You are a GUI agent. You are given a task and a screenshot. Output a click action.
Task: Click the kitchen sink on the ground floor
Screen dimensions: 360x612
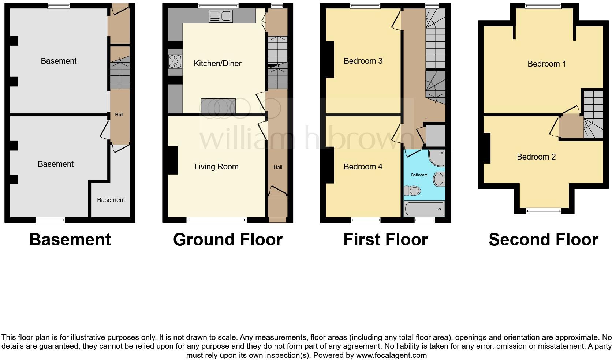point(220,16)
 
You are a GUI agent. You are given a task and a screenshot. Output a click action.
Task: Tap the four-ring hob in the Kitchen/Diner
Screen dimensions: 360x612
point(175,61)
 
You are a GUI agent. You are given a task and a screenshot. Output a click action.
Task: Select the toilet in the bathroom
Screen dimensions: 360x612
point(413,191)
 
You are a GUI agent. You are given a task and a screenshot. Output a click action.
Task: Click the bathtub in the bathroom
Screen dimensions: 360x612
point(424,209)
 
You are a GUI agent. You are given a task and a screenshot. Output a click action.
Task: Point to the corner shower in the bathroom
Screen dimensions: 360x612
point(437,158)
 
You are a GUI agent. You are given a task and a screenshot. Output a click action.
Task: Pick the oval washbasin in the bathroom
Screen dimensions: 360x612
point(439,179)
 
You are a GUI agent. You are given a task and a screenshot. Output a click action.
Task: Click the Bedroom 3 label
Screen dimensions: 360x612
point(363,61)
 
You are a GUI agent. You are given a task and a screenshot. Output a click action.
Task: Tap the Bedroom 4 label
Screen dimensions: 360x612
point(363,167)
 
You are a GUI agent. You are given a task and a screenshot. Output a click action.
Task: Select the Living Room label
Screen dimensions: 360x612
point(216,167)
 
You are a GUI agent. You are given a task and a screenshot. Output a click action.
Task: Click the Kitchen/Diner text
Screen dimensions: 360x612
point(217,64)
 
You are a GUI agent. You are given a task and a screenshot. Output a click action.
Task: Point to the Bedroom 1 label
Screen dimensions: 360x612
point(546,64)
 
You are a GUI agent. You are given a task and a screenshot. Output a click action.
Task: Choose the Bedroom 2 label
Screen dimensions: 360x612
point(536,157)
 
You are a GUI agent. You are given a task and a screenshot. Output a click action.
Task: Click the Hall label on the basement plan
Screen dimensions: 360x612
point(119,115)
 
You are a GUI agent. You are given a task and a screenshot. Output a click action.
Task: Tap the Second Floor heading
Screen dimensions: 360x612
point(543,240)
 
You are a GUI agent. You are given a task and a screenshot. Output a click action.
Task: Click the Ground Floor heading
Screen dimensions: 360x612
point(228,240)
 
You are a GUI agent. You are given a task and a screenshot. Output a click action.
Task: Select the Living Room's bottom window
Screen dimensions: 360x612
point(216,220)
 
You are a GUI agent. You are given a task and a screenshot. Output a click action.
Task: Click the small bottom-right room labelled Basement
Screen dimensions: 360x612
point(111,200)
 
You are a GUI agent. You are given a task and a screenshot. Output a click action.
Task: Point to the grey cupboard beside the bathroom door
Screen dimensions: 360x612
point(436,136)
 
